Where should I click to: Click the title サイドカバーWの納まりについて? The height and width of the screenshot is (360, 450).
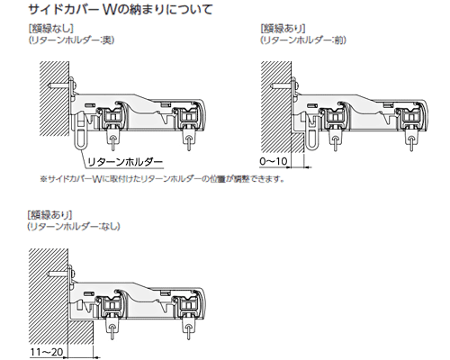coord(121,9)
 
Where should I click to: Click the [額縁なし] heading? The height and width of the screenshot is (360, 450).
coord(50,29)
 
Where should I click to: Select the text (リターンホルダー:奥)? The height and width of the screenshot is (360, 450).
coord(71,40)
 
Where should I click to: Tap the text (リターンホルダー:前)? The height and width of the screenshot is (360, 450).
coord(303,40)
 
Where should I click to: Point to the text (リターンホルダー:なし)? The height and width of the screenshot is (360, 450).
coord(74,226)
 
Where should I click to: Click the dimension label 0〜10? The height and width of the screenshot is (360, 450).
coord(274,161)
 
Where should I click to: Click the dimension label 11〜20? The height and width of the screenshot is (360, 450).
coord(47,352)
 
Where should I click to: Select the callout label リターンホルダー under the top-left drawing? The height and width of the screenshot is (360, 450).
coord(125,162)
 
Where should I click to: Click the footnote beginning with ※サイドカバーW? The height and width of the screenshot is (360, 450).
coord(162,179)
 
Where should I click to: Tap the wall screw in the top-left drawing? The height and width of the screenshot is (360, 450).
coord(61,85)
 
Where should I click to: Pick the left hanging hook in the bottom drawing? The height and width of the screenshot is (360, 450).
coord(111,327)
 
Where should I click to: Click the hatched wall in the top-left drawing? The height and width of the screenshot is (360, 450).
coord(55,99)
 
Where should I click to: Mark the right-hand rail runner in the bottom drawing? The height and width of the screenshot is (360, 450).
coord(187,305)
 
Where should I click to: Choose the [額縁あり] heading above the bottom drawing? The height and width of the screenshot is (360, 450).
coord(49,215)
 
